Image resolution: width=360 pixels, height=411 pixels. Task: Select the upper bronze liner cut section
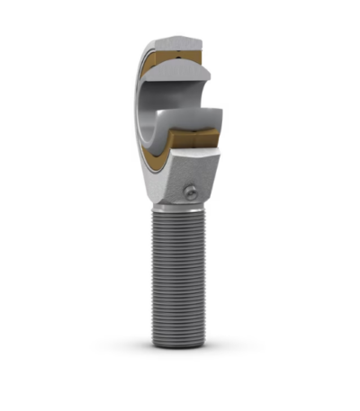[184, 60]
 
